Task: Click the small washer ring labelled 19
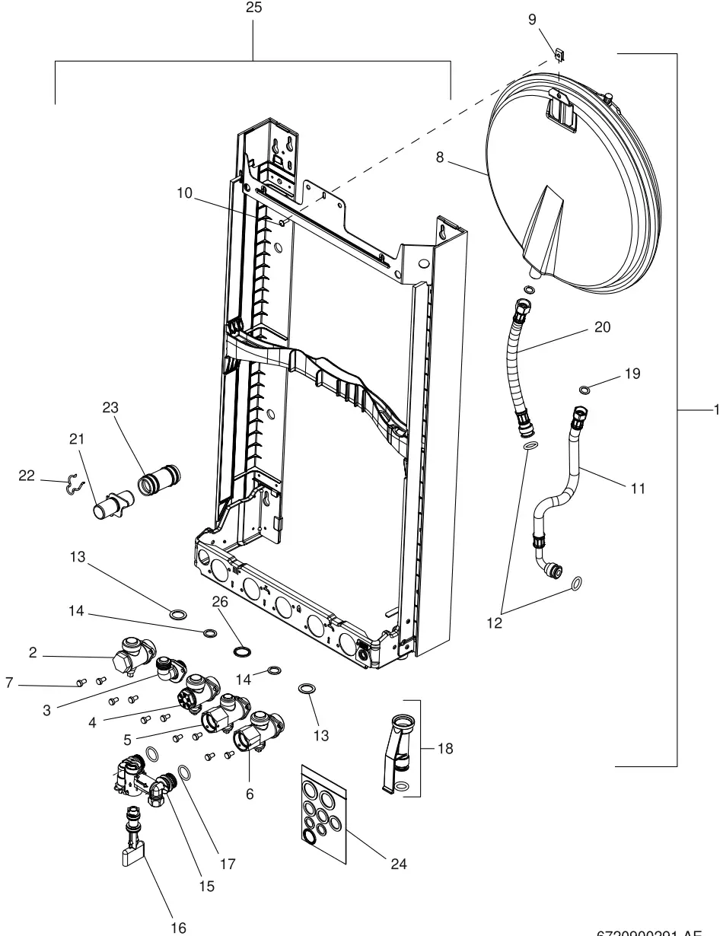click(x=584, y=390)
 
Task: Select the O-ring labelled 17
click(x=184, y=773)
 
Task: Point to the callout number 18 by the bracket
click(x=445, y=748)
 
